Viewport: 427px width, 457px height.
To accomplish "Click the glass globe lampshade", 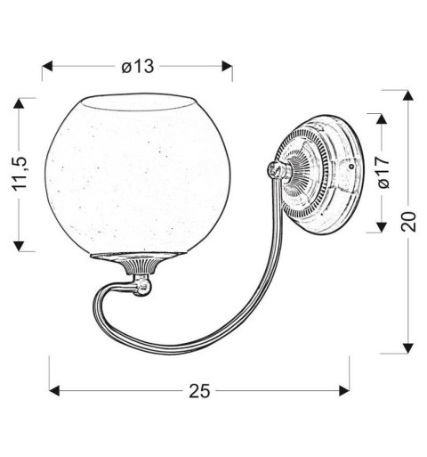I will click(x=137, y=174).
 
